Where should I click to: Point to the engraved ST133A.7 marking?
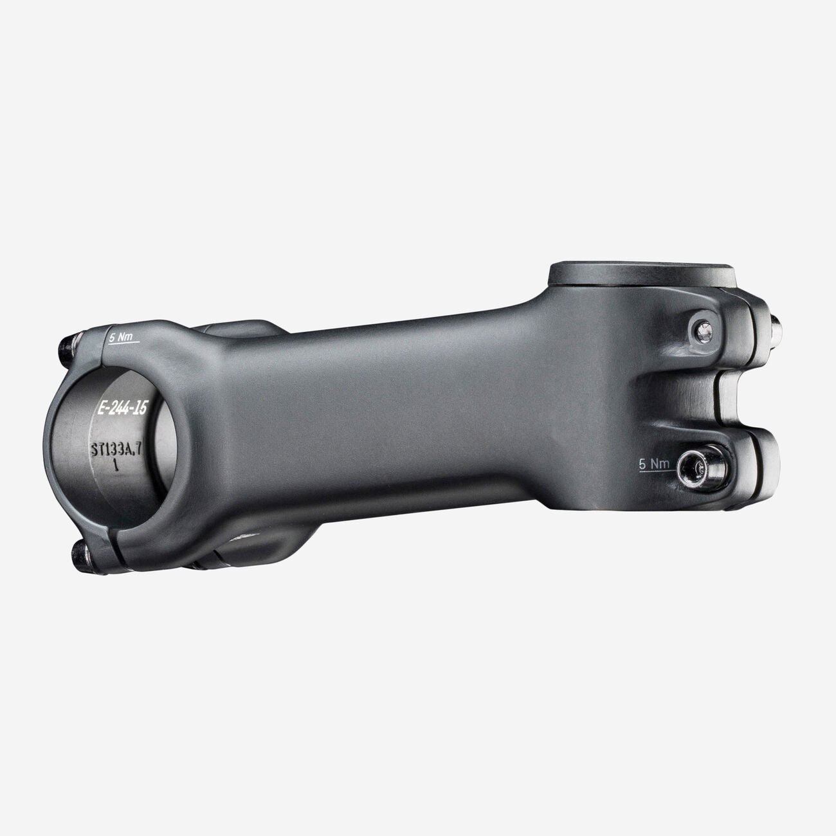116,450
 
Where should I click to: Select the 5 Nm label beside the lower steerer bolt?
654,464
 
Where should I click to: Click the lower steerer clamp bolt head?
699,468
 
